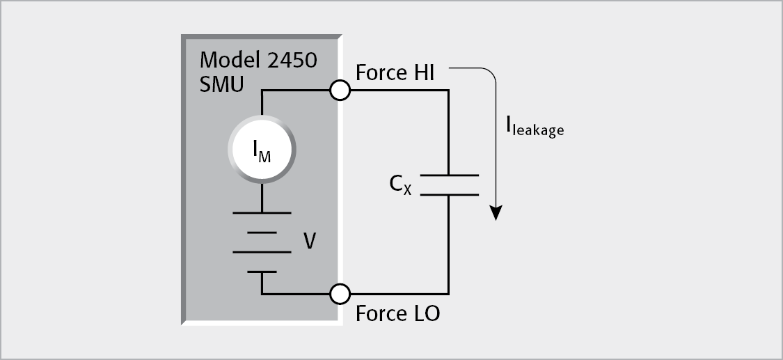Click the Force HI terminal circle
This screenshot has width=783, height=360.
tap(340, 90)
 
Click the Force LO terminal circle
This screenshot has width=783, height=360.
tap(340, 294)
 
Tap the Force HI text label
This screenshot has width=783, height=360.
tap(395, 72)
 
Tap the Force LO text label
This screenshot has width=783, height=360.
tap(397, 313)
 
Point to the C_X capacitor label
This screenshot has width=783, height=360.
tap(400, 185)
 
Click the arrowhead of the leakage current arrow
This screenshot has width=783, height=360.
tap(496, 212)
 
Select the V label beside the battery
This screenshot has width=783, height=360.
tap(310, 242)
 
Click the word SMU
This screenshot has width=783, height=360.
tap(221, 85)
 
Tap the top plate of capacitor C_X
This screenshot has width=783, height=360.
tap(449, 175)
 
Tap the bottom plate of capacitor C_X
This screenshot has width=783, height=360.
tap(449, 194)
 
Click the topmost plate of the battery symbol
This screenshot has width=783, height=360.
tap(262, 213)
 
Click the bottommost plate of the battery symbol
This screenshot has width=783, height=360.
tap(262, 272)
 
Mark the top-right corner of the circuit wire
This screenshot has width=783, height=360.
tap(449, 90)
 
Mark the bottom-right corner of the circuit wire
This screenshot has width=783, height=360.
tap(449, 294)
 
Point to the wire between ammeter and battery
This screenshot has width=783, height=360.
tap(262, 198)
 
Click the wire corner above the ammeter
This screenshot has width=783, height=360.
tap(262, 90)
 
